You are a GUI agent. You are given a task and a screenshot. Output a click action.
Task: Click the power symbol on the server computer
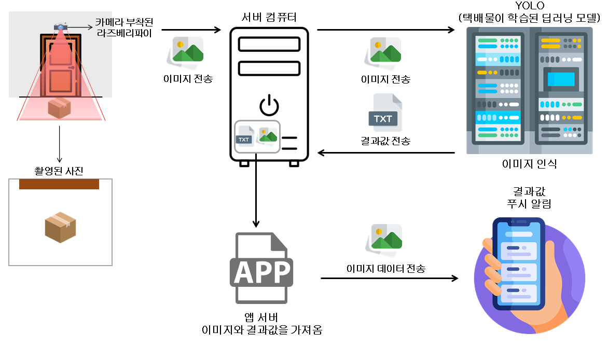(x=269, y=105)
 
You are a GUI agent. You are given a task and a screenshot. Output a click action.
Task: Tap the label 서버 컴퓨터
(x=269, y=16)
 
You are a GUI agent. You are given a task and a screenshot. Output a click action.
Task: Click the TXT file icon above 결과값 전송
(x=384, y=113)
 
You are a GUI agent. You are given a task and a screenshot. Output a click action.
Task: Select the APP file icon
(x=261, y=268)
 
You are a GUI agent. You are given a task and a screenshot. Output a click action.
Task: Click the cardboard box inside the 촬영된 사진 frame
(x=60, y=227)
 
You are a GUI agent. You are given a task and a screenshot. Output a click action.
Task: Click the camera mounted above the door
(x=60, y=26)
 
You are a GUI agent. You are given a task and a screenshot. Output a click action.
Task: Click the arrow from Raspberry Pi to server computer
(x=192, y=30)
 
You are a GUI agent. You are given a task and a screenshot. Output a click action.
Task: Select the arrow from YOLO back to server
(x=386, y=153)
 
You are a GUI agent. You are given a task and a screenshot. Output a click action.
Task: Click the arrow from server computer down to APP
(x=255, y=197)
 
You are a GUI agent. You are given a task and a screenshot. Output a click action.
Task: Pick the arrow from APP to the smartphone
(x=389, y=279)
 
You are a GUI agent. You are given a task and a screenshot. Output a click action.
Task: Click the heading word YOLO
(x=530, y=6)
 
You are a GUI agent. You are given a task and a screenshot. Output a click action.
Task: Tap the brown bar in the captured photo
(x=59, y=184)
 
